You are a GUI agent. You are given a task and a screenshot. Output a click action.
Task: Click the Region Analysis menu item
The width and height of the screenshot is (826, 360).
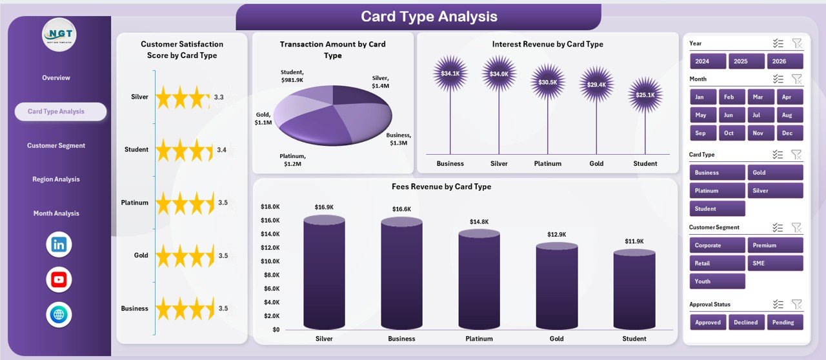tap(56, 179)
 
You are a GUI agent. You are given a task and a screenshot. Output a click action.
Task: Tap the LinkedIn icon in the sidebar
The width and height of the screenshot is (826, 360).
tap(59, 245)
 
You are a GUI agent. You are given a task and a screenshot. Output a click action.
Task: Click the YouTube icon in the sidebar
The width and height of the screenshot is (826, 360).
tap(59, 279)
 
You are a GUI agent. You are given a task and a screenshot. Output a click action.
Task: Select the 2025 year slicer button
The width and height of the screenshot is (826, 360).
tap(746, 61)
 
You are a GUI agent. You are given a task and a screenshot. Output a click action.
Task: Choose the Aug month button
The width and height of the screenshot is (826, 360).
tap(787, 115)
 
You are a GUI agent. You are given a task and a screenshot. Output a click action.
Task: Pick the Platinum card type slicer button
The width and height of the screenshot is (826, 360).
tap(717, 190)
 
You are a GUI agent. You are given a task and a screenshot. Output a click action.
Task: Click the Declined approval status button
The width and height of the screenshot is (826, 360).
tap(746, 322)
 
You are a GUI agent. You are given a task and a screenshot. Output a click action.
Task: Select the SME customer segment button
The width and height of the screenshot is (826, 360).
tap(775, 263)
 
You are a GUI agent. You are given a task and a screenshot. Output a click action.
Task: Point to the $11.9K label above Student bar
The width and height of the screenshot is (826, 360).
tap(634, 241)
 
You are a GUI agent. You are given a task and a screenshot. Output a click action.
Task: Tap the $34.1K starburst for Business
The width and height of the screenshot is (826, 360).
tap(450, 74)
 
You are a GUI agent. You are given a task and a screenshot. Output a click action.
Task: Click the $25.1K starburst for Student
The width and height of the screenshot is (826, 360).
tap(645, 95)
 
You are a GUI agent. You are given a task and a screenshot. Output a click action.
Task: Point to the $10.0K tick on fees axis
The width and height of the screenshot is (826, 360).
tap(270, 261)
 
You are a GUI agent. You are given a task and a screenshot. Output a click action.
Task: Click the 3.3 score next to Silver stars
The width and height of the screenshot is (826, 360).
tap(219, 97)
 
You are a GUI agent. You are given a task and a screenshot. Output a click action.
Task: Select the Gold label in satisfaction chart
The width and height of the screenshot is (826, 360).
tap(141, 255)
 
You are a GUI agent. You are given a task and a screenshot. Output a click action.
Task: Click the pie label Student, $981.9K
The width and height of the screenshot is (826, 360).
tap(296, 75)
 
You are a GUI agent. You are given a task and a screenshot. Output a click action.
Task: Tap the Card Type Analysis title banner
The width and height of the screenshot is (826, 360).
tap(418, 17)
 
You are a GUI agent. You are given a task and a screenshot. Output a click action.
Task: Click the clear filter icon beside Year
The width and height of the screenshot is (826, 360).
tap(797, 43)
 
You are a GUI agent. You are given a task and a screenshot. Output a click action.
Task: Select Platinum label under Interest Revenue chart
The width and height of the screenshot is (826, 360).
tap(547, 164)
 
